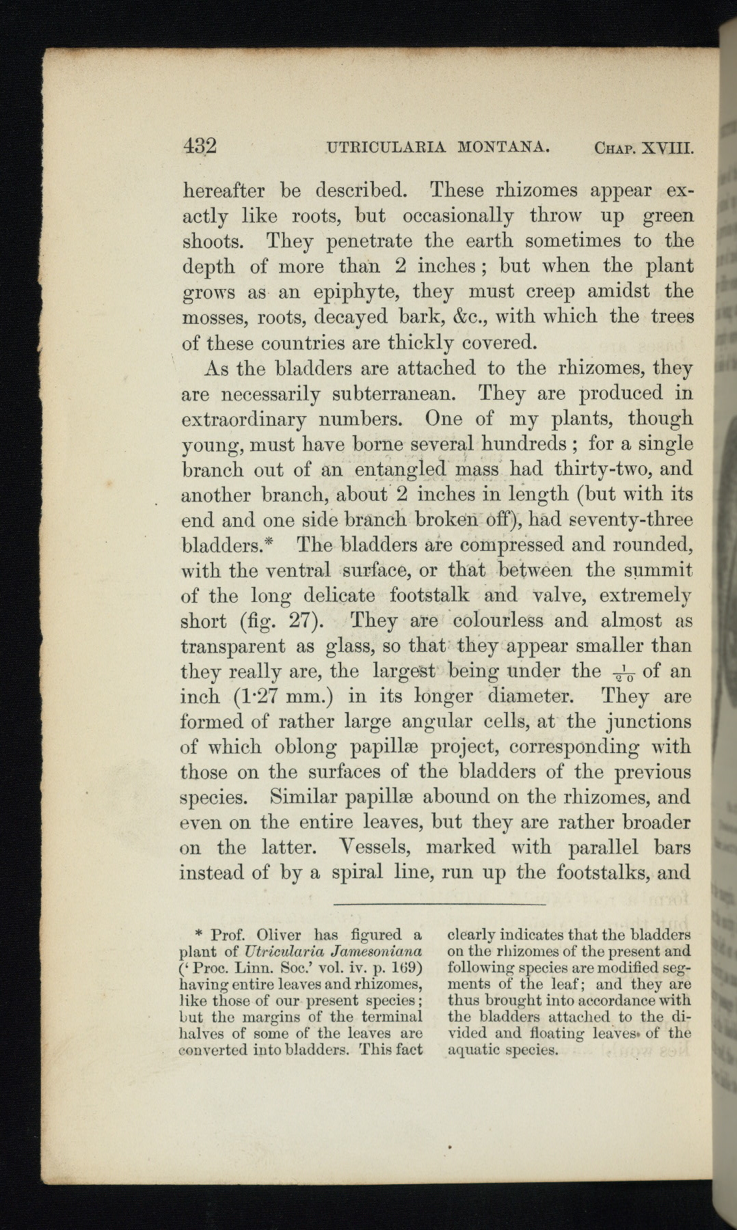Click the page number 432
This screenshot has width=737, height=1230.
coord(200,146)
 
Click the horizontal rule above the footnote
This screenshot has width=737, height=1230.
coord(440,905)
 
